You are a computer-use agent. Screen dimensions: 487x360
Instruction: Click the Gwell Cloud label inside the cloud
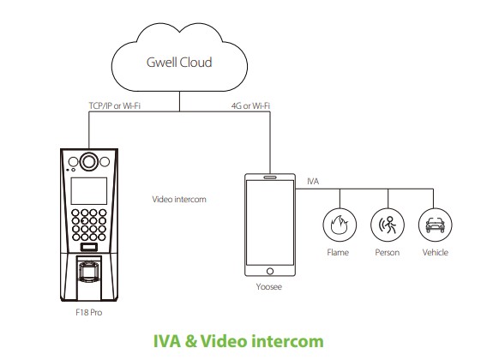179,63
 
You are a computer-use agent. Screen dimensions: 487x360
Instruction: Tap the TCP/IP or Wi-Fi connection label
115,106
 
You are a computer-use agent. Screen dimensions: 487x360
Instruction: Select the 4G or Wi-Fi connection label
250,106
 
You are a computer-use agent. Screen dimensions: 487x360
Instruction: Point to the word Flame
338,252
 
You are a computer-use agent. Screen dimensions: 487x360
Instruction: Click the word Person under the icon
388,252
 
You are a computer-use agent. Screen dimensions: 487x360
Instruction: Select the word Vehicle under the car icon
436,252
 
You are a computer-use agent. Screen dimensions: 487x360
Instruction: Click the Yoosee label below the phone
269,286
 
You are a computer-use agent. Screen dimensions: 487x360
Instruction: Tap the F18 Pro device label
89,312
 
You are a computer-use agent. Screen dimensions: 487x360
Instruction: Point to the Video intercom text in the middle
179,200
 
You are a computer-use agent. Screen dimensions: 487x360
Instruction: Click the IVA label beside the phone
313,182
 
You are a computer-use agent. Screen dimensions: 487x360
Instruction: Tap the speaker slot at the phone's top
270,177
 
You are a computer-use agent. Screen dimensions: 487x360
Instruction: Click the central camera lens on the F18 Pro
89,162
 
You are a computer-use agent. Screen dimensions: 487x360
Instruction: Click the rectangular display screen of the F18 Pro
89,191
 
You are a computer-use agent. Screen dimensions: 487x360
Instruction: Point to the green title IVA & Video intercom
238,341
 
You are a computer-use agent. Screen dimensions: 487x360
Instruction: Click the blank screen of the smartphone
270,223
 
